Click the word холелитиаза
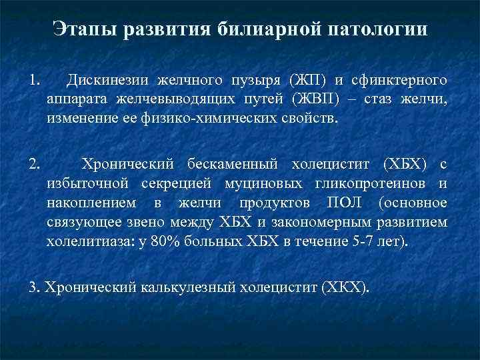click(x=74, y=240)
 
